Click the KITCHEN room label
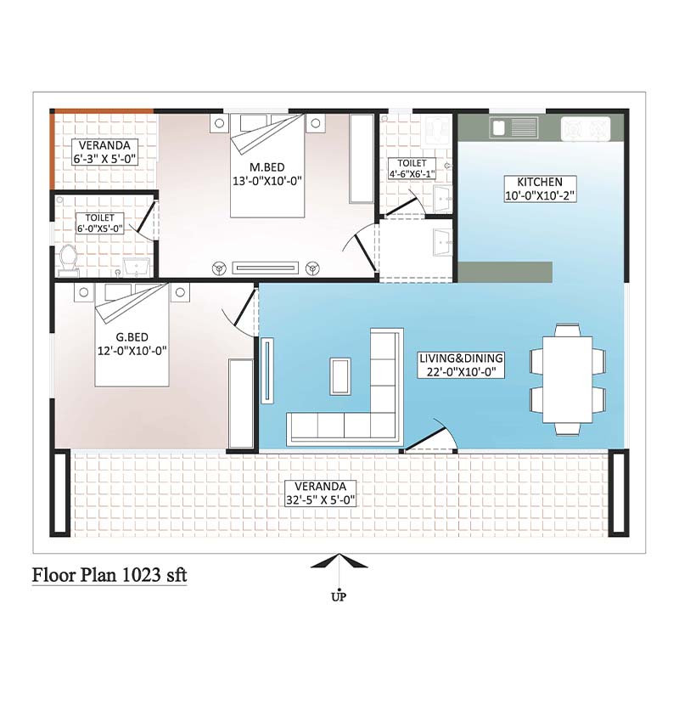coord(540,182)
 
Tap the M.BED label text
coord(267,167)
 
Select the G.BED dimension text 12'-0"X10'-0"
coord(132,351)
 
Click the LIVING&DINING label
coord(461,358)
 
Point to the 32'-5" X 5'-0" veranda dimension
coord(320,500)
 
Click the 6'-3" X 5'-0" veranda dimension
coord(105,159)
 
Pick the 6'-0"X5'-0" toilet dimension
coord(100,228)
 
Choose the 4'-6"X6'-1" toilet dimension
coord(412,173)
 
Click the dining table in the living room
coord(568,380)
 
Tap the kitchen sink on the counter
coord(513,127)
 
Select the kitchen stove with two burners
coord(586,129)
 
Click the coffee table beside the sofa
coord(340,376)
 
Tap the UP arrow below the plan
coord(339,563)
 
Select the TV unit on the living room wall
coord(267,370)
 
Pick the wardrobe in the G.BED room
coord(241,403)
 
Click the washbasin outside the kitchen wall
coord(443,242)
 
